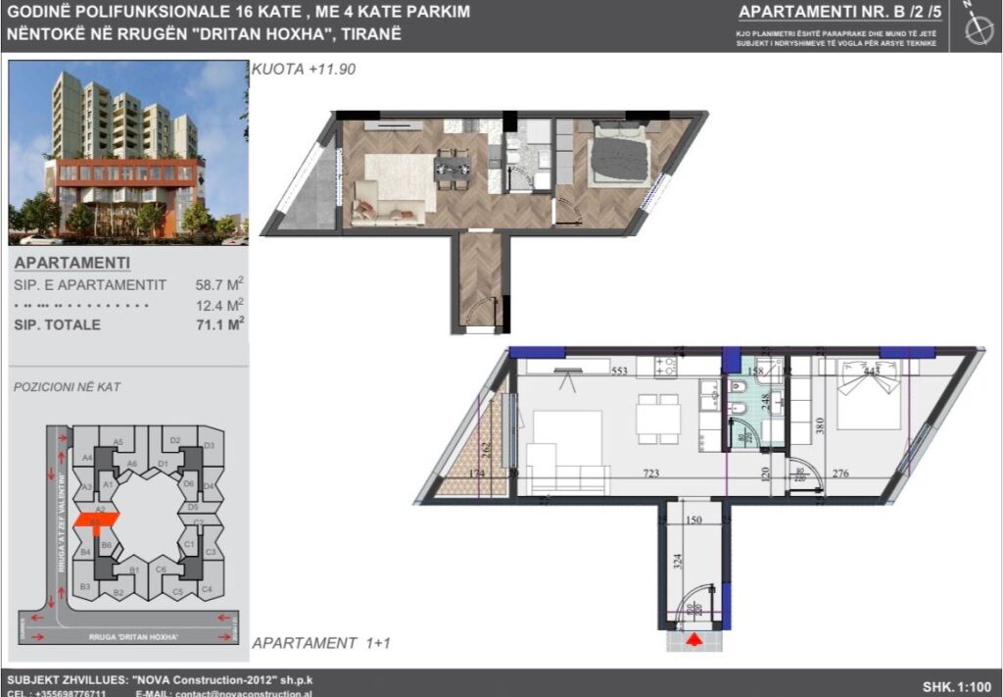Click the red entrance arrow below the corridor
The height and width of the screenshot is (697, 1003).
[694, 641]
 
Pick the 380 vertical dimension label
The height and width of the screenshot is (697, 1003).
[821, 426]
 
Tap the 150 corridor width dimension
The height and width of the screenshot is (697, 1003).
[694, 522]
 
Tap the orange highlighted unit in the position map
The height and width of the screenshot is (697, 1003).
[100, 518]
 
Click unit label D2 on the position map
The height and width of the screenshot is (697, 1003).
[174, 440]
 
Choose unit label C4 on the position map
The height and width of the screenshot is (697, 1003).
[206, 589]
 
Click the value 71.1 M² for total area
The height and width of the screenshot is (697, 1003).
[219, 324]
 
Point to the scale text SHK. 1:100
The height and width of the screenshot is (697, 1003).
[956, 686]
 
